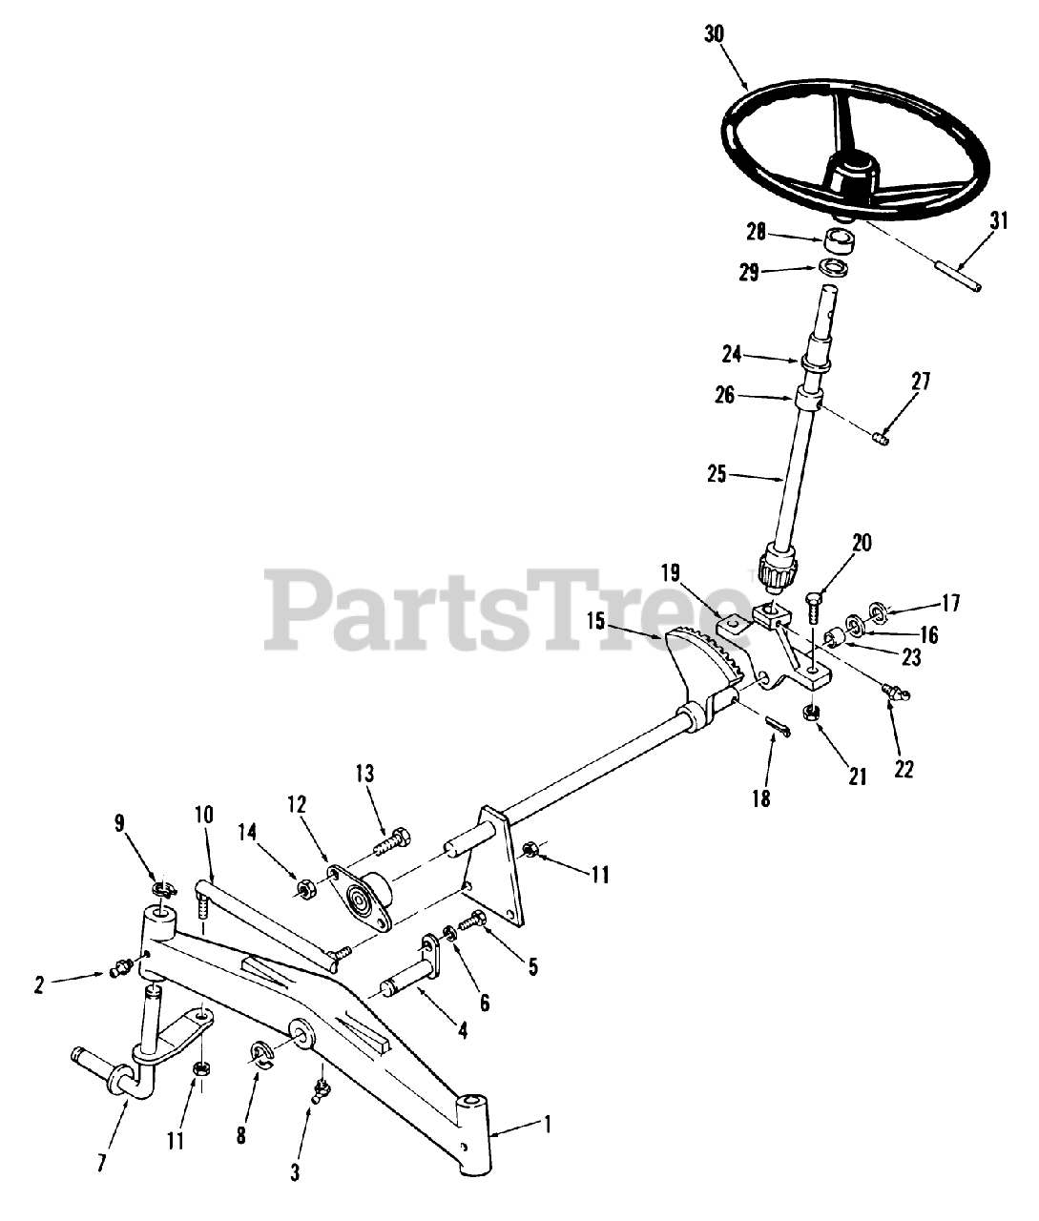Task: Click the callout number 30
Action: click(715, 33)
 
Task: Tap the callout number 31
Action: click(998, 221)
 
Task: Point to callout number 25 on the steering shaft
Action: click(717, 471)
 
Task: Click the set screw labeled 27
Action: click(883, 437)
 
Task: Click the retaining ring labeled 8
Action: click(260, 1053)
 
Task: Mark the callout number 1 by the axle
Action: click(547, 1125)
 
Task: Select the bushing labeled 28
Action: click(838, 238)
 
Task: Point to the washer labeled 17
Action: click(879, 608)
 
